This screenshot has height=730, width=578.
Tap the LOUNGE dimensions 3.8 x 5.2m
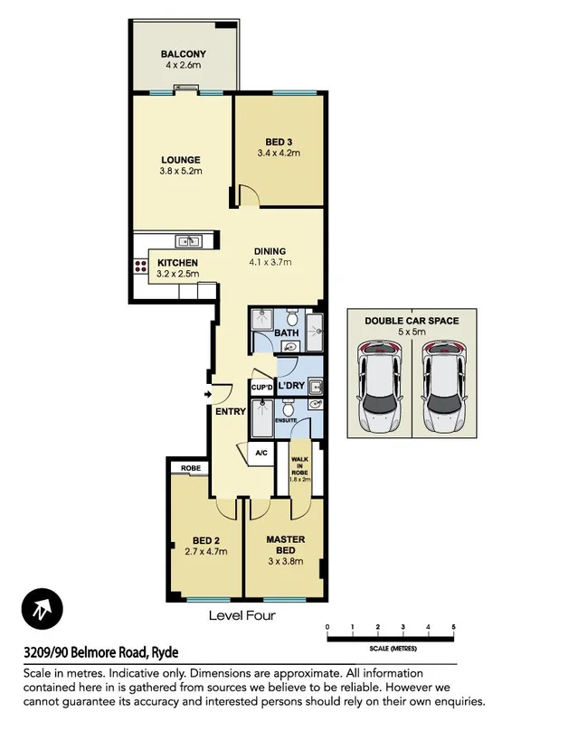coord(181,172)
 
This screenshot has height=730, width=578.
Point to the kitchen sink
coord(188,240)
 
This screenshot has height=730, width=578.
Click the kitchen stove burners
coord(140,266)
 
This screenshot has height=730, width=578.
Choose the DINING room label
coord(270,252)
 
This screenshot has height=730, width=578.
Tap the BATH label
coord(287,333)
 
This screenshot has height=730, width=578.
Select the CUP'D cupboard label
coord(261,388)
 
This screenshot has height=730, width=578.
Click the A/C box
coord(261,454)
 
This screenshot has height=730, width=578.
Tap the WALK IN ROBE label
coord(299,466)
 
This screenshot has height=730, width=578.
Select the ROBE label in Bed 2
coord(190,468)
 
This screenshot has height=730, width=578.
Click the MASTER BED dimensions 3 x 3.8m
coord(285,561)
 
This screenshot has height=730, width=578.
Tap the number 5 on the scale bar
coord(452,626)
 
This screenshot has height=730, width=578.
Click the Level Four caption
coord(242,616)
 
